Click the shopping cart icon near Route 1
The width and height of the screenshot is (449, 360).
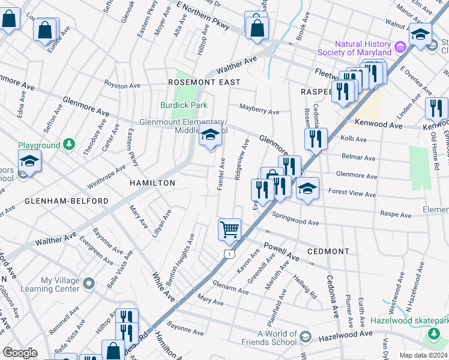[229, 229]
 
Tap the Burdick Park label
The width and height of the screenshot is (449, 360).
[184, 105]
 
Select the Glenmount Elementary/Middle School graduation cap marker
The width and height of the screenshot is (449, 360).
[210, 137]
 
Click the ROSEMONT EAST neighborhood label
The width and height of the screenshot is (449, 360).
[204, 82]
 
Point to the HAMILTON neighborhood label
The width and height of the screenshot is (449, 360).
[151, 183]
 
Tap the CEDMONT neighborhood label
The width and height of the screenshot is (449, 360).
[328, 251]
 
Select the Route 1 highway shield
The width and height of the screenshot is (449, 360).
[229, 254]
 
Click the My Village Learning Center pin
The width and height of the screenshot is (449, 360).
[89, 282]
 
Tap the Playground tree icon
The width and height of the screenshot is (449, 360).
[70, 145]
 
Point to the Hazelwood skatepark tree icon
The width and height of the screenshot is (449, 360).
[433, 333]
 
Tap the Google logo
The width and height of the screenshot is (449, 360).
[20, 353]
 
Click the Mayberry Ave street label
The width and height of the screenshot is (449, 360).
[259, 112]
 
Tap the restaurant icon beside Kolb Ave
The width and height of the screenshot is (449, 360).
[316, 139]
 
